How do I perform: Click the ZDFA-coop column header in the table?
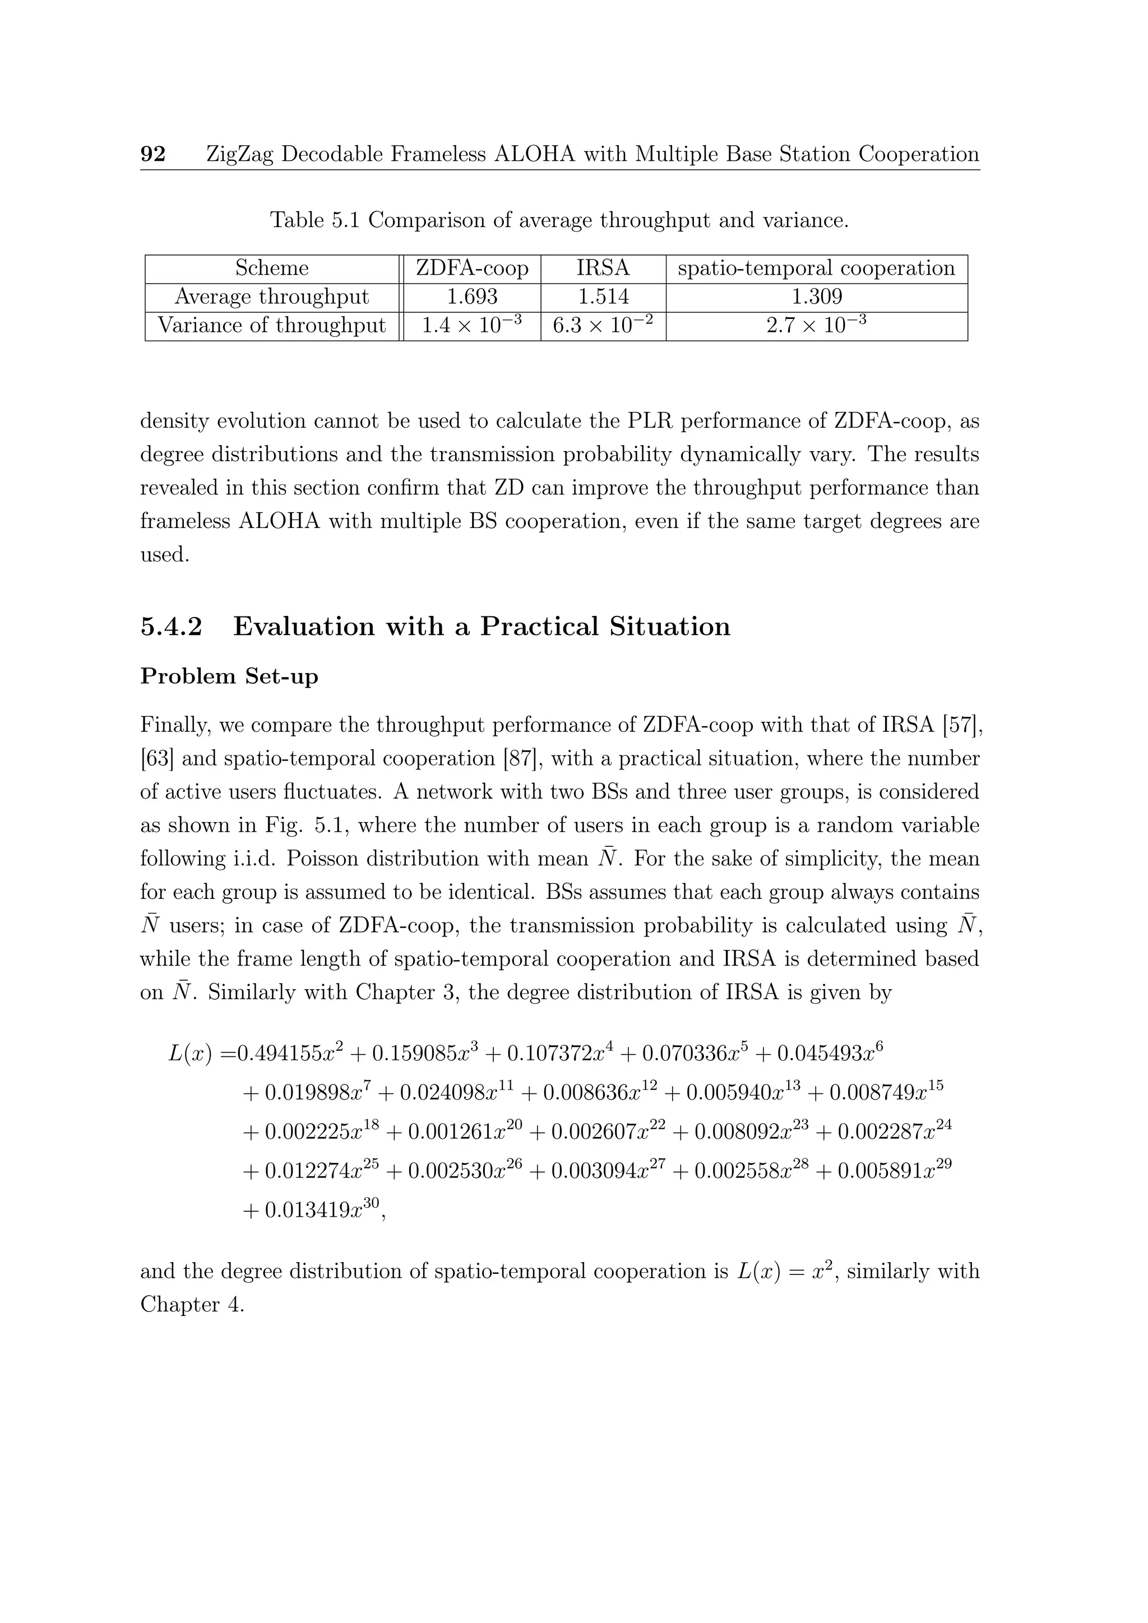[x=471, y=268]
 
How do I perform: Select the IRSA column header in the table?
[x=603, y=268]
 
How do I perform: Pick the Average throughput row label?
[x=272, y=297]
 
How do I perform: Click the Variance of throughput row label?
[x=272, y=325]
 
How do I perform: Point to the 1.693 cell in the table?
[x=471, y=297]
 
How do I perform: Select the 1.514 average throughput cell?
[x=603, y=297]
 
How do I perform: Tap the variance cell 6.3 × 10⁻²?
[x=603, y=325]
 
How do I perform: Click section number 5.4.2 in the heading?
[x=171, y=627]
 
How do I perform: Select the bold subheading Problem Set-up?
[x=229, y=676]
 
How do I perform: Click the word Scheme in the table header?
[x=272, y=268]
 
